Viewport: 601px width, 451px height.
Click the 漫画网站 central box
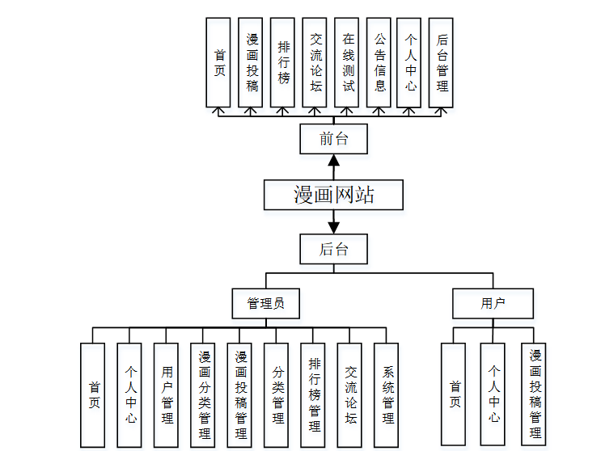pos(333,195)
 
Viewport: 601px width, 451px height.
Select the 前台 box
pos(333,139)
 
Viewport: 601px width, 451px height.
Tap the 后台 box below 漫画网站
pos(333,249)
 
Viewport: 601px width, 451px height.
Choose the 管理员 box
pos(265,304)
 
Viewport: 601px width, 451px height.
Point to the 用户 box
pos(493,304)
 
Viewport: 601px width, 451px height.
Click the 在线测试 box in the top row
pos(348,62)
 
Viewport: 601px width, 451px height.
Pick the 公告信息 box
pos(379,62)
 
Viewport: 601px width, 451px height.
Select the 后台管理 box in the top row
pos(442,62)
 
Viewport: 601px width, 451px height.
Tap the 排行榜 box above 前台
pos(283,62)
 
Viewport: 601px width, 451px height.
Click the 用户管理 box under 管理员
pos(167,394)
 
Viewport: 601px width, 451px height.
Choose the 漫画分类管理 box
pos(204,394)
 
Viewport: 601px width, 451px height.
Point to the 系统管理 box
pos(387,394)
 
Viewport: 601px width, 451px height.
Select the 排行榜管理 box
pos(314,394)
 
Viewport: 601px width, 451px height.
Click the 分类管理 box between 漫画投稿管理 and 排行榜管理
pos(277,394)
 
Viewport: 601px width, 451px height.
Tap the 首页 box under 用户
pos(455,394)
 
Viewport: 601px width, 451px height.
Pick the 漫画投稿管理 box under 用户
pos(535,394)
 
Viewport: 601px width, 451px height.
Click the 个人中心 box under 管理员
pos(130,394)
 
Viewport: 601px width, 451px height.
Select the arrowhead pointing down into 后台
pos(333,227)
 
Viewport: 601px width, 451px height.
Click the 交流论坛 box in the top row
pos(315,62)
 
